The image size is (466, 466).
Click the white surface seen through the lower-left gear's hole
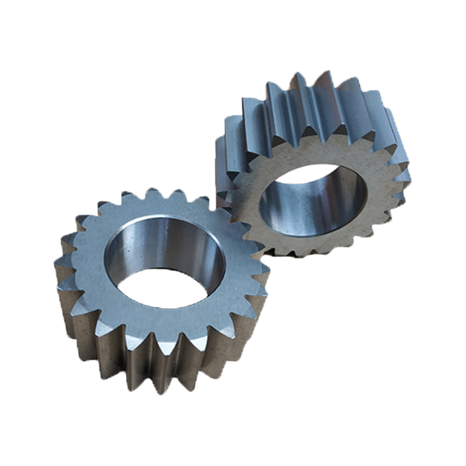click(x=169, y=289)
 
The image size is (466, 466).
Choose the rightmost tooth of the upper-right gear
click(x=402, y=175)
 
